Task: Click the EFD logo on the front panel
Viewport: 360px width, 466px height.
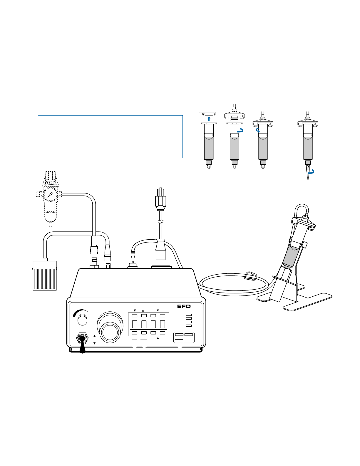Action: pos(184,306)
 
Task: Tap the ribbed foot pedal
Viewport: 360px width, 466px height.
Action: pos(45,275)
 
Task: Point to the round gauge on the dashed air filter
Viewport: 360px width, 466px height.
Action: pos(51,195)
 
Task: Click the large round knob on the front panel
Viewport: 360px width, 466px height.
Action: pos(110,326)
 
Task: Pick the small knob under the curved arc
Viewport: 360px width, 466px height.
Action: pos(82,320)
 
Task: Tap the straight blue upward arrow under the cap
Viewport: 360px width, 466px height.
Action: pos(209,118)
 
